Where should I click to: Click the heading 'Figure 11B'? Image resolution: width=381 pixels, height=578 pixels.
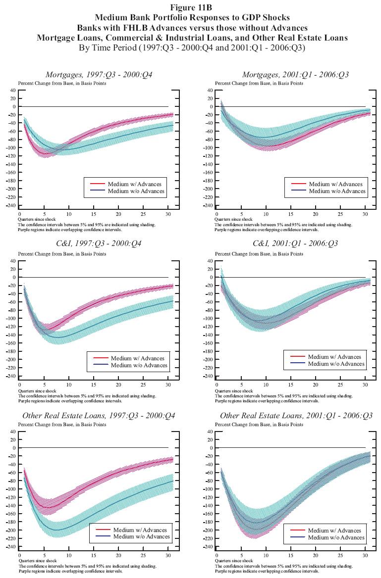[190, 7]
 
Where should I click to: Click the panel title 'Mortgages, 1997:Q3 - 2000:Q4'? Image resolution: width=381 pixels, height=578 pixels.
[99, 75]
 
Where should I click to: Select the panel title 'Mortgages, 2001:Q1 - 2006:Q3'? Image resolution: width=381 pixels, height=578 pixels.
[295, 75]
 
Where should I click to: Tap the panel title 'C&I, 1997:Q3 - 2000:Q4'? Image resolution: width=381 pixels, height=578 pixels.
[99, 244]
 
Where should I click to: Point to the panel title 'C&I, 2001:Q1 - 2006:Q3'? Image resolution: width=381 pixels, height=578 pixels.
[295, 244]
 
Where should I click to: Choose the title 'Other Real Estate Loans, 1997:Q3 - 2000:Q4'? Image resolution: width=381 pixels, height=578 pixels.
[99, 415]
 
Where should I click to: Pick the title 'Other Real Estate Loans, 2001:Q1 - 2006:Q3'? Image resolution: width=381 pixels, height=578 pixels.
[296, 415]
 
